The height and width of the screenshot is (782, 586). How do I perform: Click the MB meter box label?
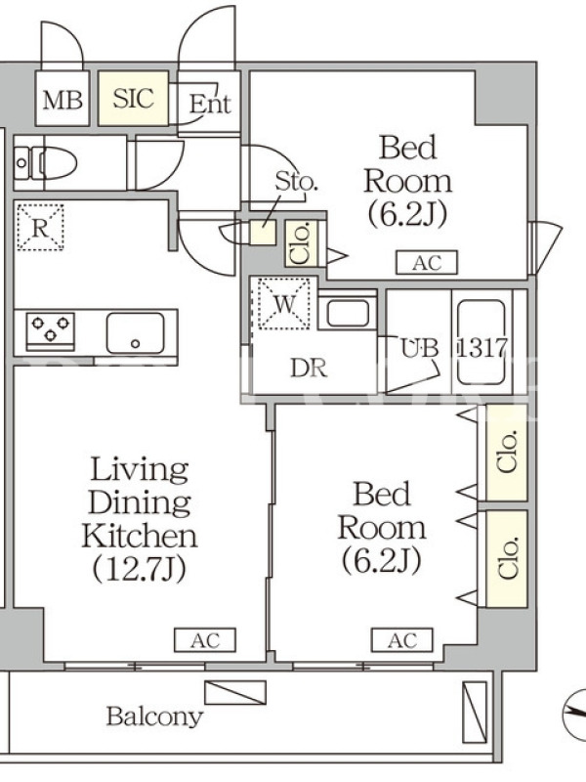pos(63,100)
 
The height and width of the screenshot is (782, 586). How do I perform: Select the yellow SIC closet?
pos(133,99)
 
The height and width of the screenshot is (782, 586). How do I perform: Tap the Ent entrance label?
pos(210,104)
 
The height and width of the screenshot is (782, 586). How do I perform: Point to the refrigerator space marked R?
pos(40,227)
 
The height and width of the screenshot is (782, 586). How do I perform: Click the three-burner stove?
pos(51,329)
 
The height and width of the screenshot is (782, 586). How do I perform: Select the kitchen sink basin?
pos(135,332)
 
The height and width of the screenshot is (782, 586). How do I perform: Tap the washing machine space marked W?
pos(284,303)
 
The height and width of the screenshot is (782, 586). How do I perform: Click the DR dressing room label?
pos(309,369)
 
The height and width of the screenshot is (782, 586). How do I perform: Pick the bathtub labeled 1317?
pos(481,342)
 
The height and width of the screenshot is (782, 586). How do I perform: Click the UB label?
pos(420,348)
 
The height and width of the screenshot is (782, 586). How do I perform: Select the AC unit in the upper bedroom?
pos(427,262)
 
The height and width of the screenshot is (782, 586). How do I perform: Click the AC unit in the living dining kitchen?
pos(205,640)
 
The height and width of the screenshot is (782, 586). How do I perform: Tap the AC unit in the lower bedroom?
pos(402,640)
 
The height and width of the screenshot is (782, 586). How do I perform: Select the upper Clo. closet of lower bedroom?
pos(507,453)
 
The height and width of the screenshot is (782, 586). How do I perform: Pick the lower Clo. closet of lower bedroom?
pos(507,559)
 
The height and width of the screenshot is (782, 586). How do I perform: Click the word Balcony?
pos(155,717)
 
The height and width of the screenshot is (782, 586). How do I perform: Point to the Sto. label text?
pos(296,182)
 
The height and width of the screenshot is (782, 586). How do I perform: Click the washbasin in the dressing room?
pos(348,313)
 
